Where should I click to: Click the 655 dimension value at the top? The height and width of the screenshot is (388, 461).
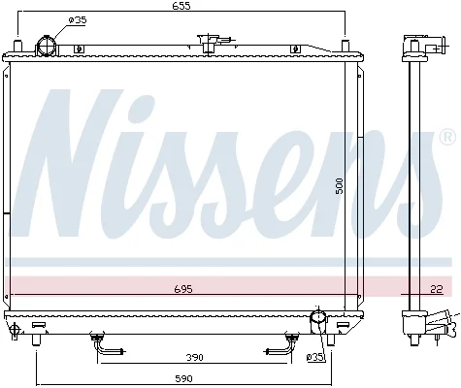coord(181,6)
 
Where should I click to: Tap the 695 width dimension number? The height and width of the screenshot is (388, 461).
coord(183,289)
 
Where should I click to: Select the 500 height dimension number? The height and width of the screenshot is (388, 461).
coord(339,186)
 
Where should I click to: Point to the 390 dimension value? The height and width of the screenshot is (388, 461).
coord(194,357)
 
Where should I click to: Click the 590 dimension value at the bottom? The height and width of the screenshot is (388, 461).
coord(183,378)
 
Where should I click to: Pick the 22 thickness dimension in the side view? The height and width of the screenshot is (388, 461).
coord(437,289)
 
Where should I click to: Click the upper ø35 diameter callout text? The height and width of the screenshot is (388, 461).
coord(78,20)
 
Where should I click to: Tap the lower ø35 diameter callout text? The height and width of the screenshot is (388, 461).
coord(314,357)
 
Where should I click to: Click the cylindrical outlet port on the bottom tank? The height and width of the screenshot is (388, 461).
coord(318,322)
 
